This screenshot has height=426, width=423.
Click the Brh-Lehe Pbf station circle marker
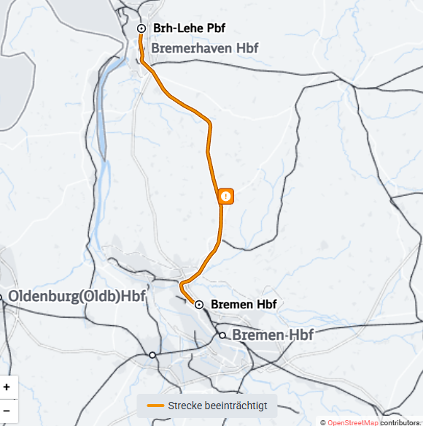[141, 28]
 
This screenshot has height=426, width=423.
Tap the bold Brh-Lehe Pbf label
[189, 28]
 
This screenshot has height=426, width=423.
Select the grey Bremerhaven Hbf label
[205, 48]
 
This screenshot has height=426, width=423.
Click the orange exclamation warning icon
[226, 196]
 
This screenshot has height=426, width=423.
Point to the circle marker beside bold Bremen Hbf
[198, 304]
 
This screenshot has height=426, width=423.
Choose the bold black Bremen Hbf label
[243, 304]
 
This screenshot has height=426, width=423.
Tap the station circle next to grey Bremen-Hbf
[223, 335]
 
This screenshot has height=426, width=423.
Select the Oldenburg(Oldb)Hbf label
[77, 297]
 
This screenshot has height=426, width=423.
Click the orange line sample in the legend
[155, 406]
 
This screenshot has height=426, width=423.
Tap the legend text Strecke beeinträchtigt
[217, 406]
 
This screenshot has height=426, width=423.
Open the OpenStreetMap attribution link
[352, 422]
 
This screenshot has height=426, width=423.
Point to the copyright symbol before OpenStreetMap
[322, 422]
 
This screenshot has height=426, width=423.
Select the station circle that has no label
[152, 354]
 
